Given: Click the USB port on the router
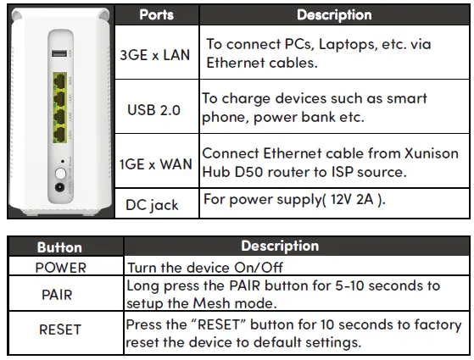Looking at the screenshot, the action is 59,53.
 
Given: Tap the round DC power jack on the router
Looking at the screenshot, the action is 60,187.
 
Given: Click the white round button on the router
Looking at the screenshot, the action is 60,174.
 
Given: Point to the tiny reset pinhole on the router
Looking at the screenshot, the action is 63,162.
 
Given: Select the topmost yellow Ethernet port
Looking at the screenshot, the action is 60,81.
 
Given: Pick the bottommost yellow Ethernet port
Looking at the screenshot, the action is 60,135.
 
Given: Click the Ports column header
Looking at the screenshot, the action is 157,14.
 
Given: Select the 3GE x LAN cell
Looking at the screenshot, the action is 155,55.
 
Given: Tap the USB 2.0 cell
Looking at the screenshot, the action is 153,110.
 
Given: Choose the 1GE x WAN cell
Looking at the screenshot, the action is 156,164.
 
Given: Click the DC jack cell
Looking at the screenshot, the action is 152,205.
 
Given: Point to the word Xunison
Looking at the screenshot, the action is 432,153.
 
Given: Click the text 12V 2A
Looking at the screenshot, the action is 352,199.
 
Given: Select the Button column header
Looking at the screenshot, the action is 59,247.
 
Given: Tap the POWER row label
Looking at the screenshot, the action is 61,268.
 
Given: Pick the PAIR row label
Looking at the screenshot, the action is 57,295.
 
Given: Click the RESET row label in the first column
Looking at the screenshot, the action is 60,330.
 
